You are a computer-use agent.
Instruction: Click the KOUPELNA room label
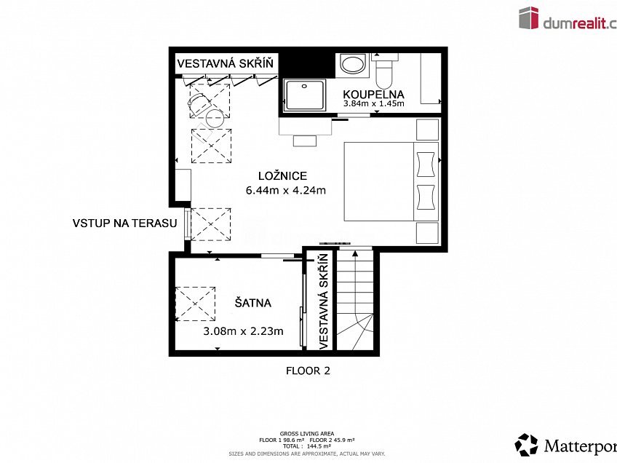pyautogui.click(x=373, y=94)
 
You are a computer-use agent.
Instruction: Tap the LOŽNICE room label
pyautogui.click(x=283, y=175)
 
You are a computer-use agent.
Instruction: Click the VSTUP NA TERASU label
pyautogui.click(x=124, y=223)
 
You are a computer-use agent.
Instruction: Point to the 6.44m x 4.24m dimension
pyautogui.click(x=285, y=191)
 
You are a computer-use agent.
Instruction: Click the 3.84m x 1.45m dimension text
pyautogui.click(x=373, y=104)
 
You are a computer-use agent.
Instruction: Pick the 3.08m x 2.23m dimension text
pyautogui.click(x=243, y=331)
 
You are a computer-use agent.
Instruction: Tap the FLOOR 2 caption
pyautogui.click(x=308, y=371)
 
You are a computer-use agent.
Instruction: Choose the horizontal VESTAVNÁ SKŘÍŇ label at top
pyautogui.click(x=226, y=63)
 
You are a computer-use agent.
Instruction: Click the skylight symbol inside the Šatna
pyautogui.click(x=196, y=304)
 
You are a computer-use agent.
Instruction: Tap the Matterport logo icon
pyautogui.click(x=527, y=444)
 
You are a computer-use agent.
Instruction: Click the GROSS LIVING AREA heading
pyautogui.click(x=307, y=432)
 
